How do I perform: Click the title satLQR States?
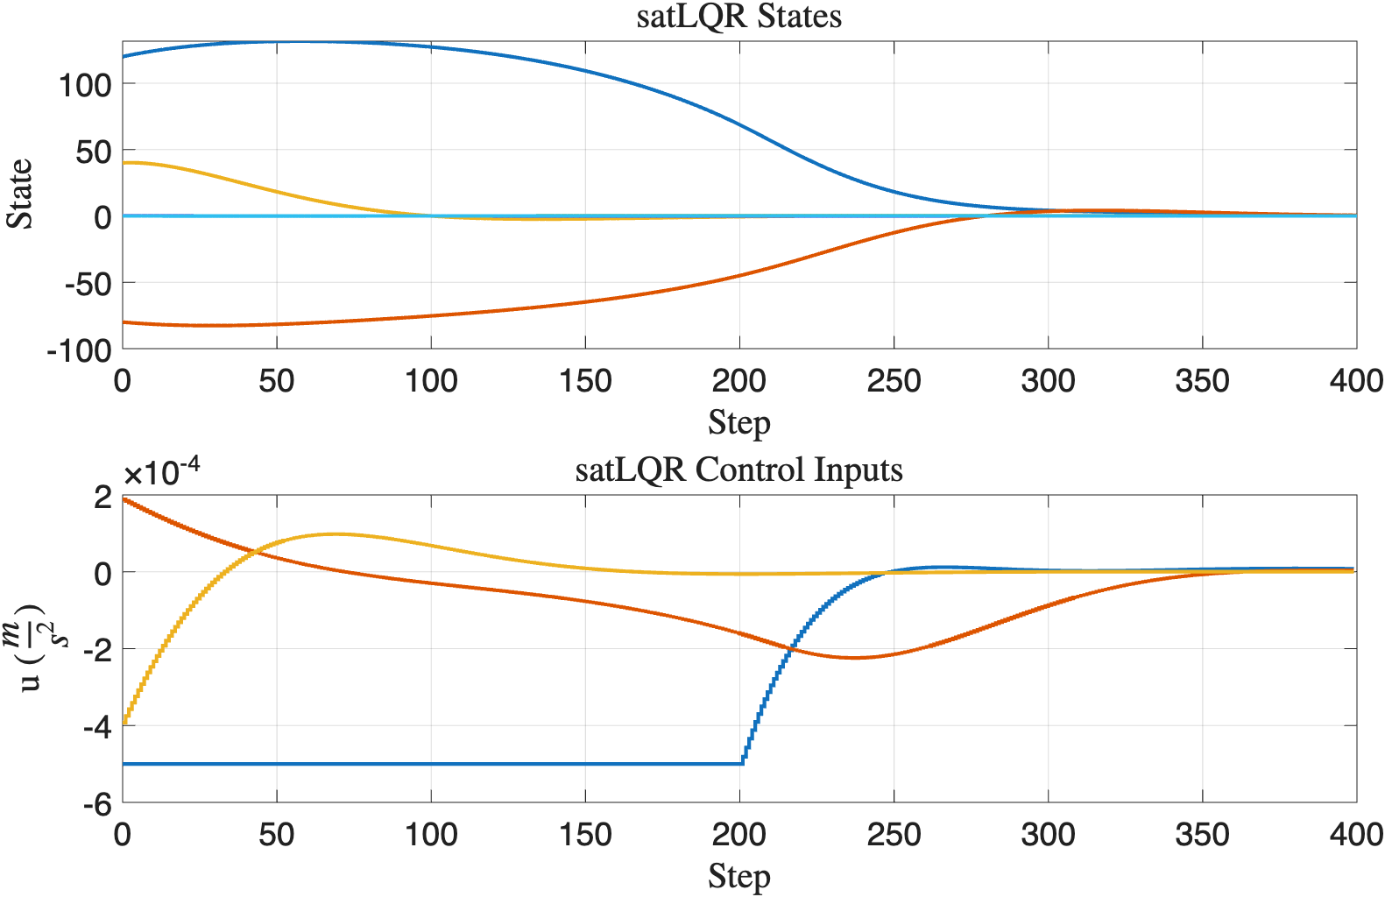point(738,17)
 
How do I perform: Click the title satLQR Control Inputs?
point(738,470)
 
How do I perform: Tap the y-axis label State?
point(20,194)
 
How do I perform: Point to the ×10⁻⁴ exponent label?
point(161,473)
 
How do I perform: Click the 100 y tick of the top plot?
point(85,86)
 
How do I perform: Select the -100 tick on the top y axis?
point(79,350)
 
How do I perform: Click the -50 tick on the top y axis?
point(88,284)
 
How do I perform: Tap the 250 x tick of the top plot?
point(894,381)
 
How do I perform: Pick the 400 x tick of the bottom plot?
point(1355,835)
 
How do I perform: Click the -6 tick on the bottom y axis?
point(96,804)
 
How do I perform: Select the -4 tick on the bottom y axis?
point(96,727)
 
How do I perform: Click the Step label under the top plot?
point(738,423)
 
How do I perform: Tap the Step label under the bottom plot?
point(738,877)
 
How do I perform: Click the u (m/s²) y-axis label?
point(33,648)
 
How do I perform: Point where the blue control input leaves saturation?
point(743,763)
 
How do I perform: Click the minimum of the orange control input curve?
point(855,658)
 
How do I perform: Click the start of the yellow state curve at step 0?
point(124,163)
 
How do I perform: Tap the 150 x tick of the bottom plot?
point(585,835)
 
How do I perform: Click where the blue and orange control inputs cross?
point(790,647)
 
